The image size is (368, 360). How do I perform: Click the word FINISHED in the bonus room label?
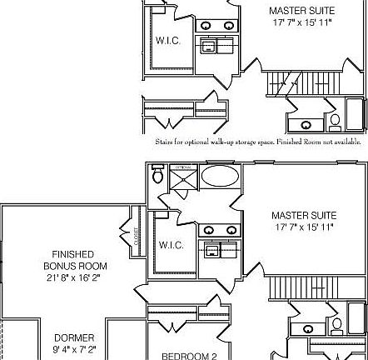click(x=72, y=254)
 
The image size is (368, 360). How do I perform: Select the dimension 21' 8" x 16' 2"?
click(x=73, y=277)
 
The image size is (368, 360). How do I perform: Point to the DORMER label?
click(x=74, y=337)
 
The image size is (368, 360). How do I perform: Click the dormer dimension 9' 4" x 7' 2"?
click(x=74, y=349)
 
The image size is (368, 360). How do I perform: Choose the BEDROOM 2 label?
click(x=189, y=356)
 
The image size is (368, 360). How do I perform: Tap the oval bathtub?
click(x=220, y=177)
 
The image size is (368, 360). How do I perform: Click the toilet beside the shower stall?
click(x=158, y=176)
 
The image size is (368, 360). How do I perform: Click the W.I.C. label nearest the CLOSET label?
click(x=171, y=245)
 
